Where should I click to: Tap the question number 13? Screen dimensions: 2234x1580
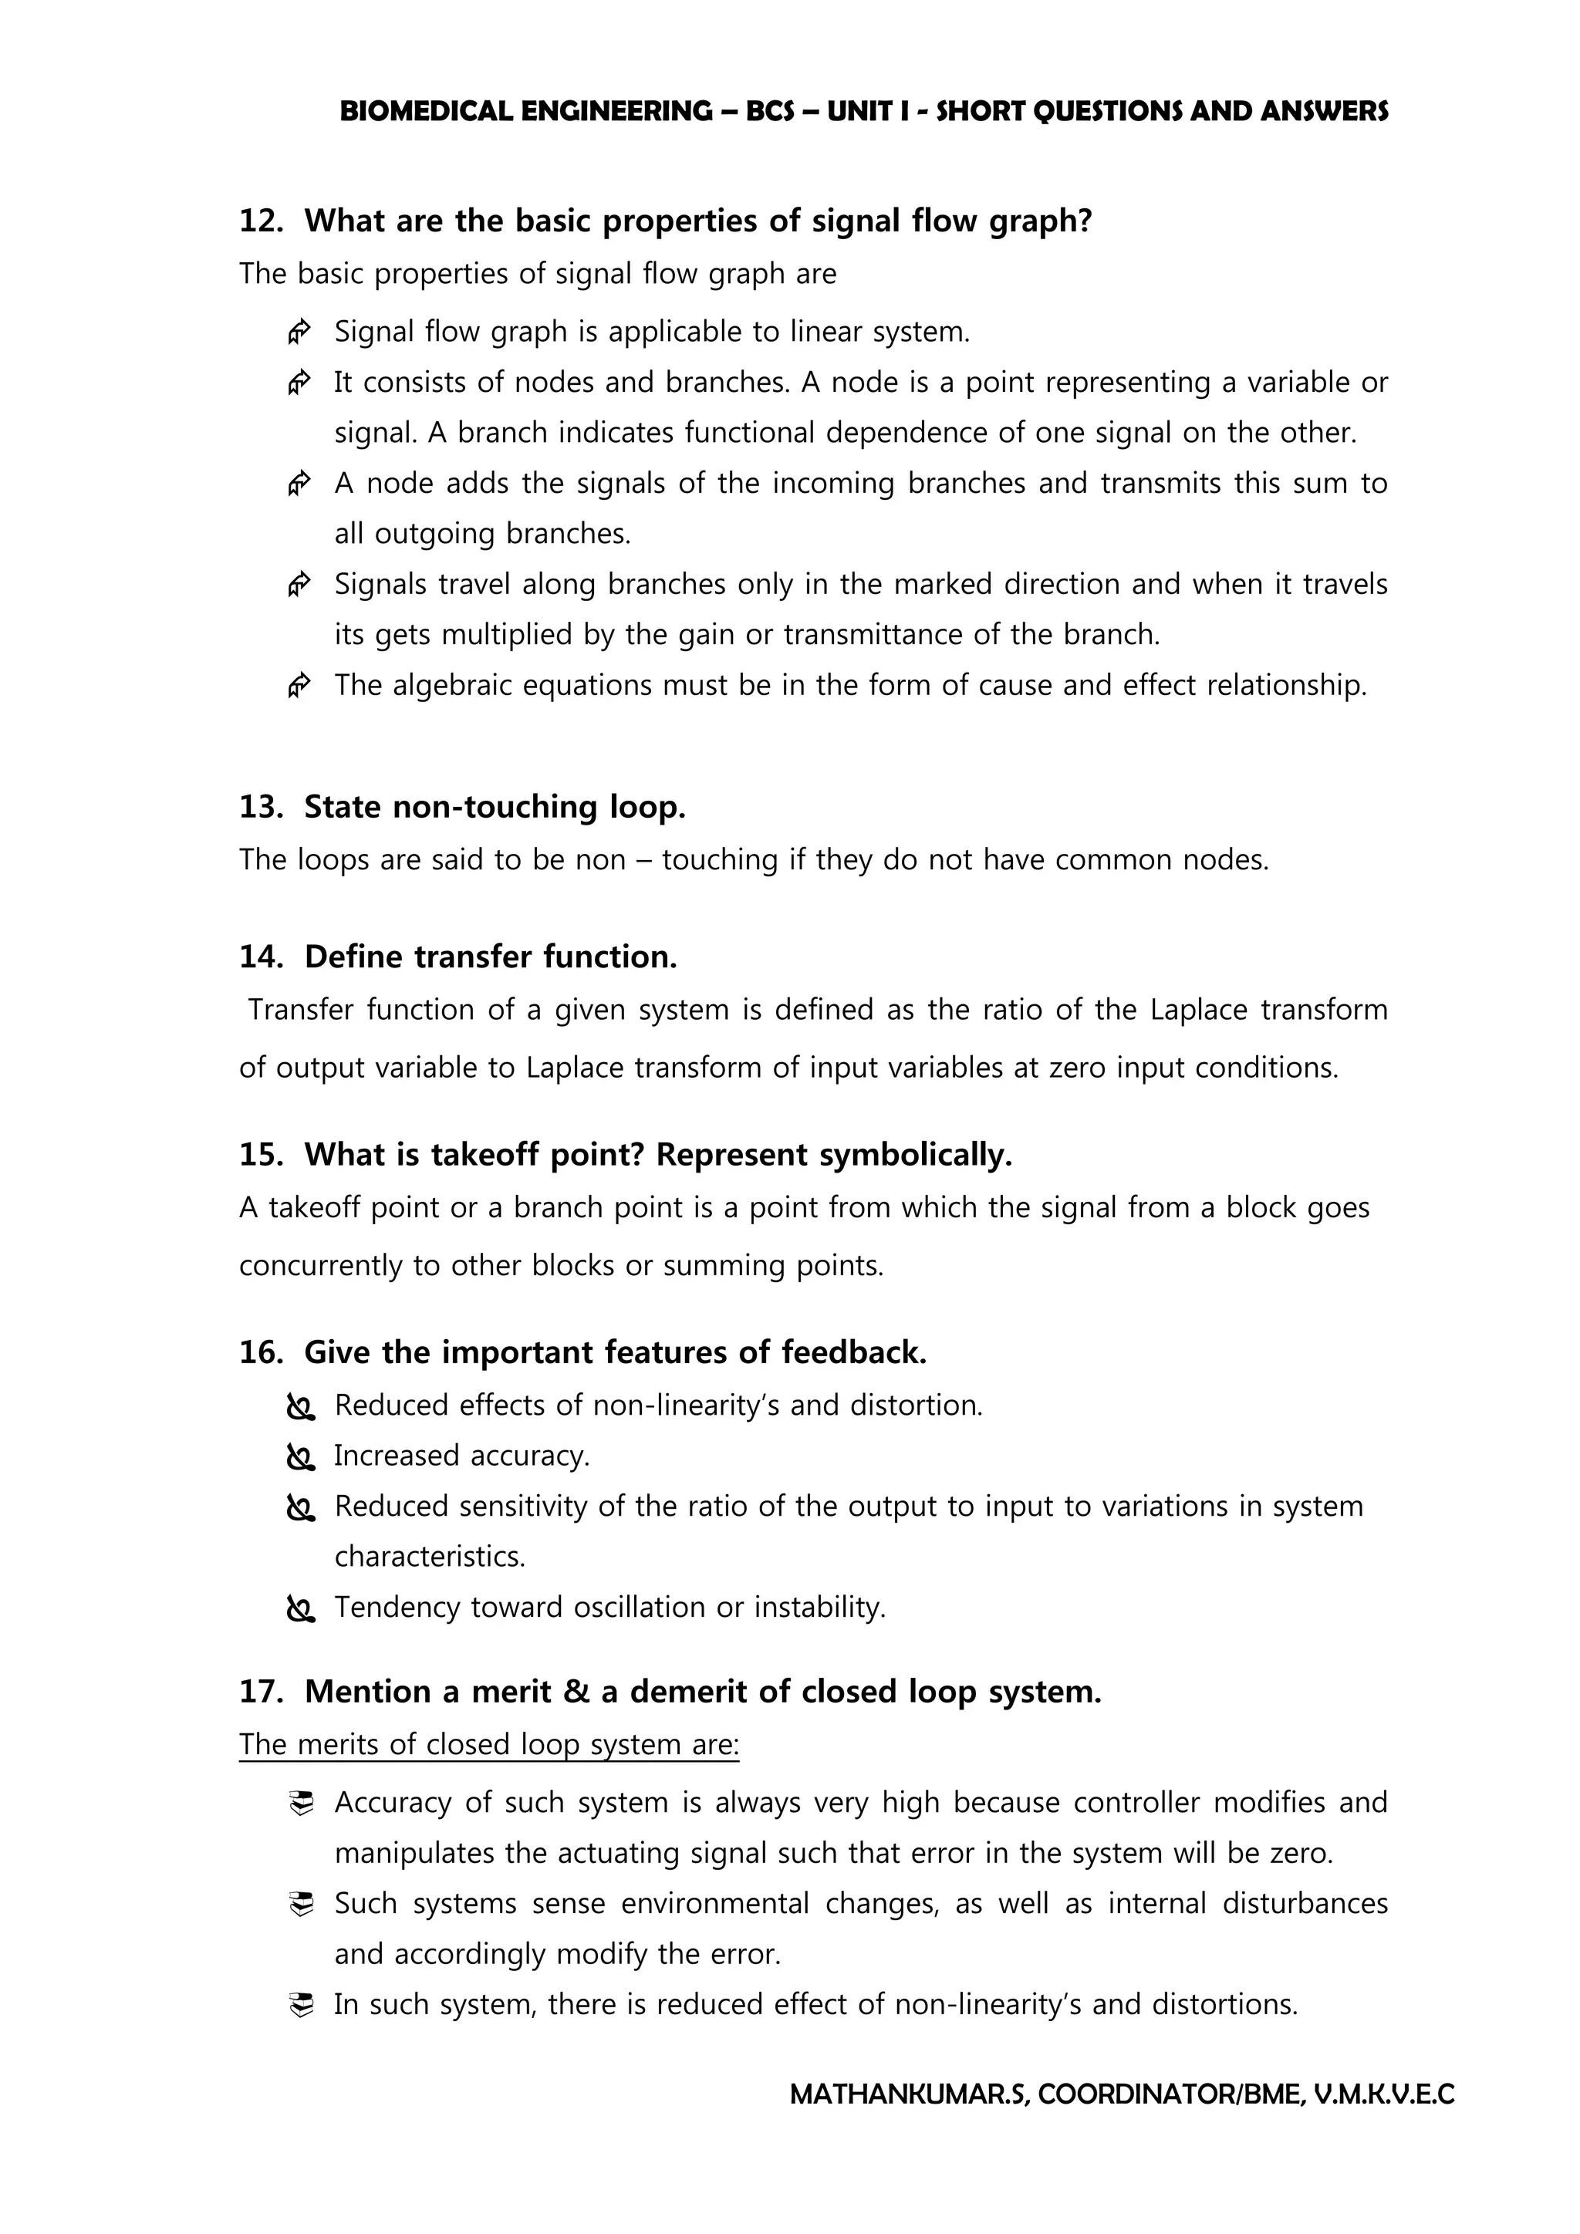pos(260,807)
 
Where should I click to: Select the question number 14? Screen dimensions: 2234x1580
pos(260,957)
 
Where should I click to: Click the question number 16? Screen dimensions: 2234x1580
pos(260,1352)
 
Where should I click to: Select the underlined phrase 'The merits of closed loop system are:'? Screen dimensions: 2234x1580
pos(489,1745)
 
